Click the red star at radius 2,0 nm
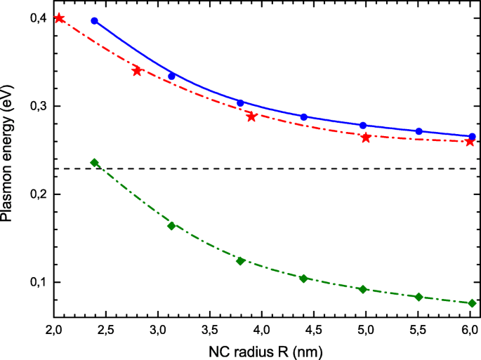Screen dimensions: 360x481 click(x=59, y=18)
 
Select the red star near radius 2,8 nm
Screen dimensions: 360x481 click(x=137, y=71)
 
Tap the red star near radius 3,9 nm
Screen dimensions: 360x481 click(x=251, y=116)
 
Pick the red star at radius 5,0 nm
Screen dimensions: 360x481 click(x=366, y=138)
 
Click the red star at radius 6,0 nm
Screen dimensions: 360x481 click(x=470, y=141)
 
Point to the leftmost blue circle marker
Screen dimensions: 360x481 click(x=95, y=21)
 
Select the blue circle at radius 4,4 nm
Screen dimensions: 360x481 click(x=303, y=117)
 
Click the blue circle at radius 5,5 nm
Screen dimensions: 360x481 click(x=419, y=131)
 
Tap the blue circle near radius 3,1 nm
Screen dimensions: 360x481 click(x=171, y=76)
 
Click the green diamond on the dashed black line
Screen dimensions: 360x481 click(x=95, y=163)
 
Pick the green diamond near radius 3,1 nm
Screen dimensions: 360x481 click(x=171, y=226)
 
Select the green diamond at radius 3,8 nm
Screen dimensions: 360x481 click(x=240, y=261)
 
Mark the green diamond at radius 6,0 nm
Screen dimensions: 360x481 click(x=471, y=303)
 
